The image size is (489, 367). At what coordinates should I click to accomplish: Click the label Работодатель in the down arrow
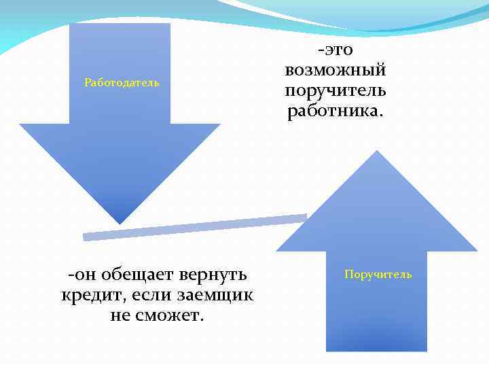coord(122,83)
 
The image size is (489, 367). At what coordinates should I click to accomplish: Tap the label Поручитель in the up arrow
coord(378,275)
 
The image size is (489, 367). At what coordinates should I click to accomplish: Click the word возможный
coord(336,70)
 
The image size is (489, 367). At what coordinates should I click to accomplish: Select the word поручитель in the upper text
coord(336,90)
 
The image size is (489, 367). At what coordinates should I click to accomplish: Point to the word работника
coord(336,111)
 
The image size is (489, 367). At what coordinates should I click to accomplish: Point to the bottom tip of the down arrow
coord(120,224)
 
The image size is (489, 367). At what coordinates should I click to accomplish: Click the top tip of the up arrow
coord(376,151)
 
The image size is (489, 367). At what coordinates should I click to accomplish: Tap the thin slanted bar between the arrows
coord(195,227)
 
